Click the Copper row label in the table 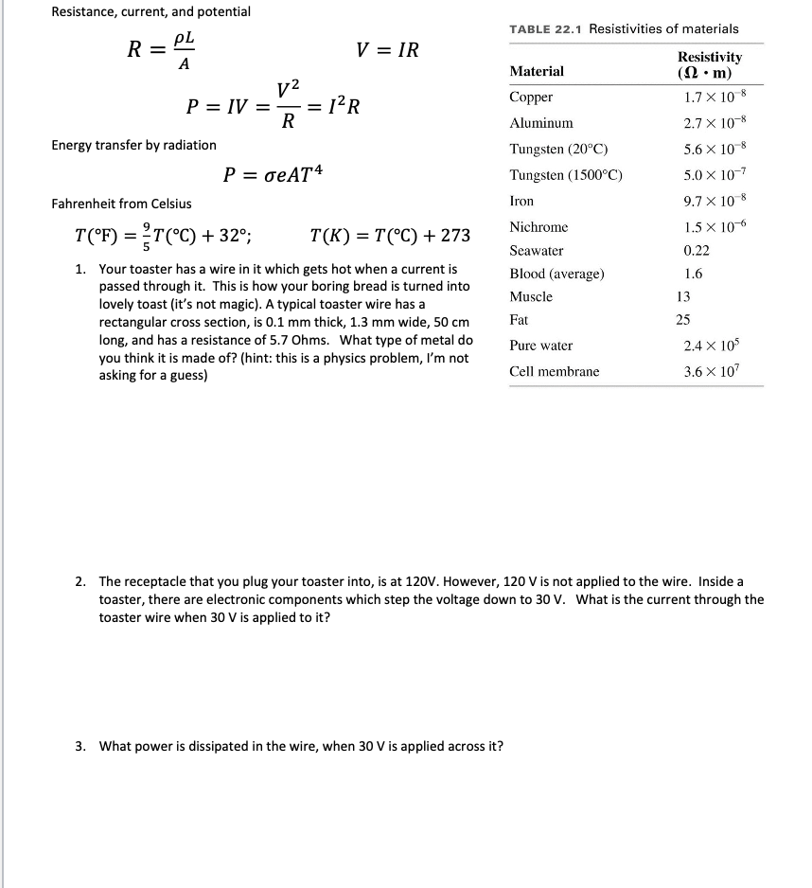point(531,98)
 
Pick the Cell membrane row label point(554,371)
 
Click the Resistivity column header point(710,64)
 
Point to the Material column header point(536,71)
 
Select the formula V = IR point(387,50)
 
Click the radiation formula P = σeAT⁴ point(275,175)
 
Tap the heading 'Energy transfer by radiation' point(133,145)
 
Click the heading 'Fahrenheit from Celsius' point(121,204)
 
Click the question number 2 point(80,581)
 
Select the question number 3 point(80,746)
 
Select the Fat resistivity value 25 point(683,320)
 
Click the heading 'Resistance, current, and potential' point(150,11)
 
